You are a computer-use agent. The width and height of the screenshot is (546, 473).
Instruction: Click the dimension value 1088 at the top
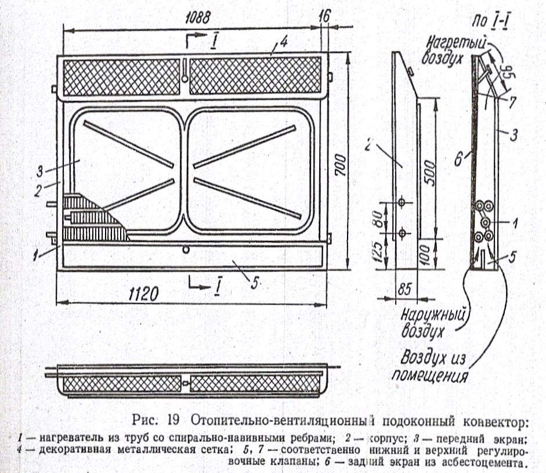click(x=194, y=17)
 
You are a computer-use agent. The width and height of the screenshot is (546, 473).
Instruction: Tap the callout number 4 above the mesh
click(x=283, y=42)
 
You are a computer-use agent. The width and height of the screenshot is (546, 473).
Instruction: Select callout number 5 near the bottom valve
click(x=253, y=283)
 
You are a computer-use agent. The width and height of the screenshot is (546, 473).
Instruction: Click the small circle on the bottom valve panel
click(x=185, y=250)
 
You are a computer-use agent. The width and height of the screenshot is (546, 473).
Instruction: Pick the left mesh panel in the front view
click(x=121, y=77)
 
